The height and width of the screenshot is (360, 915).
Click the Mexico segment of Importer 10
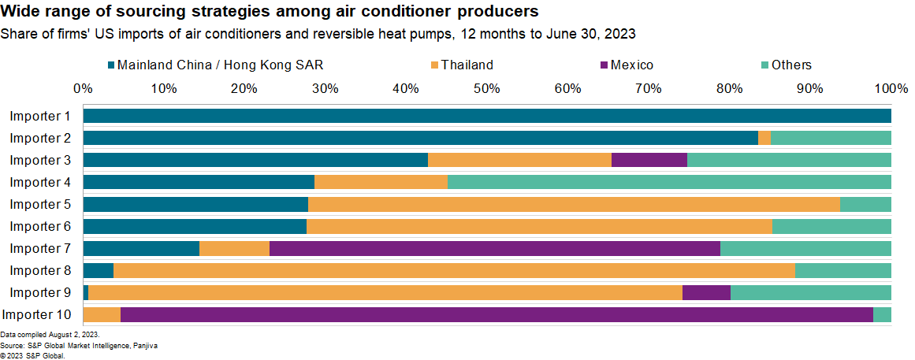pos(497,315)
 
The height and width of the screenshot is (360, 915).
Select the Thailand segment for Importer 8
pos(454,271)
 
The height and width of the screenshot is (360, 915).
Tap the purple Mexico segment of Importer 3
pos(649,161)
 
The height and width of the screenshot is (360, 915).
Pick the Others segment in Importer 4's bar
pos(669,183)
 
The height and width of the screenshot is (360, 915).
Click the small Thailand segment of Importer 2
pos(764,139)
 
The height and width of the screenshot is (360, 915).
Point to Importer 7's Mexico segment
pos(494,249)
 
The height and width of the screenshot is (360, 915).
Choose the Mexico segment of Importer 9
pos(706,293)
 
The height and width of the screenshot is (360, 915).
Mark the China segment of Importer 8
pos(98,271)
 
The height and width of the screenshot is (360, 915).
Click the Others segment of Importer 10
pos(882,315)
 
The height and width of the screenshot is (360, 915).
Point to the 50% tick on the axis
pos(487,88)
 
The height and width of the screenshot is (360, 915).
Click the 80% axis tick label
pos(729,88)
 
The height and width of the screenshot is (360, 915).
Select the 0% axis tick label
pos(83,88)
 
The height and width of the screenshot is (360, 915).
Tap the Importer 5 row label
pos(40,205)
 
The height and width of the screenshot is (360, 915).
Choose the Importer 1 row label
pos(40,117)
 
